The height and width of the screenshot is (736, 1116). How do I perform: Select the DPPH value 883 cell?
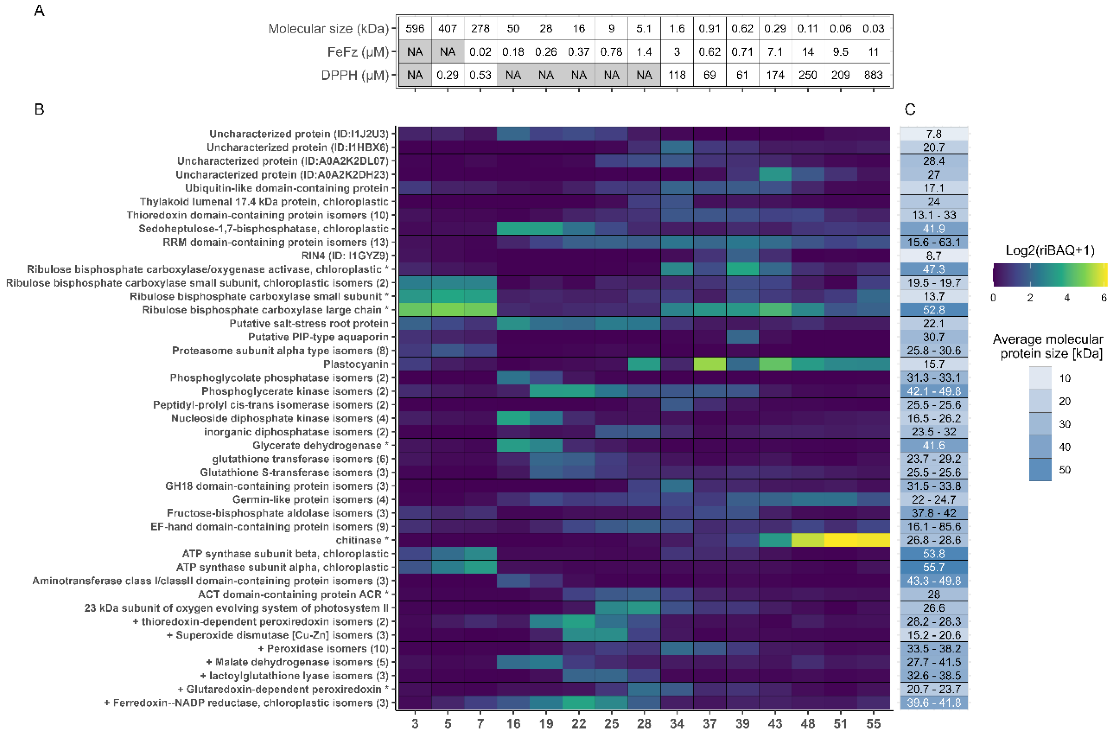pos(873,75)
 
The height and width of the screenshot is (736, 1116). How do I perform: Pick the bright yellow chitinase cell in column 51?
pos(840,540)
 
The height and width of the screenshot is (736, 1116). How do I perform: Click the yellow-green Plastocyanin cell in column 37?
pos(710,364)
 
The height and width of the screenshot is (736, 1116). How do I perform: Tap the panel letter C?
pos(909,109)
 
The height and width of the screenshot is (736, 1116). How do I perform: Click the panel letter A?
pos(39,11)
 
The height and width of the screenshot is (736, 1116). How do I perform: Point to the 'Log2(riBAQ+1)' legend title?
pos(1050,250)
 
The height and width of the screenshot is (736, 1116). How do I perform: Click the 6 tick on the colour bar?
pos(1104,298)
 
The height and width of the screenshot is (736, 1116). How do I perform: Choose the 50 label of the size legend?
pos(1065,470)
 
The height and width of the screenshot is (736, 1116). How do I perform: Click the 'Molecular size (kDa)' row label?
pos(328,29)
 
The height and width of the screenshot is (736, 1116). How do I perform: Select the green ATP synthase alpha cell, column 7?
pos(480,568)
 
